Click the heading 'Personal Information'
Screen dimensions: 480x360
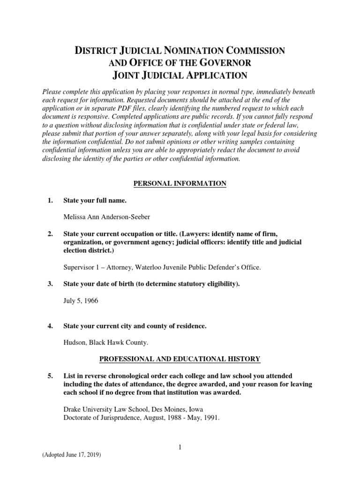click(x=180, y=183)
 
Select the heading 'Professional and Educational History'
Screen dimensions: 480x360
click(x=180, y=359)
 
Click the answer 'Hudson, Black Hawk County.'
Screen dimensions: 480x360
click(x=105, y=343)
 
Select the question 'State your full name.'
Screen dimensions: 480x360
click(x=95, y=201)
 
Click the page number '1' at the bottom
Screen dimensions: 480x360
click(x=180, y=448)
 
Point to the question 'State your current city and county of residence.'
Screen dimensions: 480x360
click(x=135, y=326)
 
